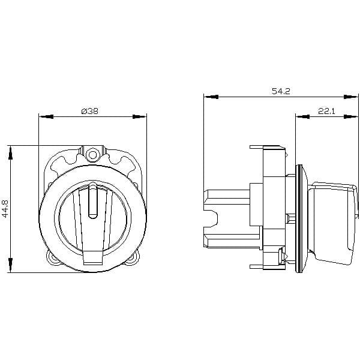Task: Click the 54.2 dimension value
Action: pyautogui.click(x=281, y=91)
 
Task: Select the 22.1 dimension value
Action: pyautogui.click(x=326, y=111)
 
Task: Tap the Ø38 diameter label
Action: pyautogui.click(x=90, y=111)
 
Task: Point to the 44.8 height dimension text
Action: pyautogui.click(x=5, y=208)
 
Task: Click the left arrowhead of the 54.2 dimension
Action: pyautogui.click(x=211, y=97)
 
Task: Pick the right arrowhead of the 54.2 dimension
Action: pyautogui.click(x=351, y=97)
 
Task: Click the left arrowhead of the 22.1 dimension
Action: pyautogui.click(x=302, y=116)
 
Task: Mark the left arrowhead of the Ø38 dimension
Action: pyautogui.click(x=46, y=116)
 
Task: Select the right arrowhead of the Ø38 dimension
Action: pyautogui.click(x=140, y=116)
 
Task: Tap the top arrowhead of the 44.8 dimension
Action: pyautogui.click(x=10, y=152)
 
